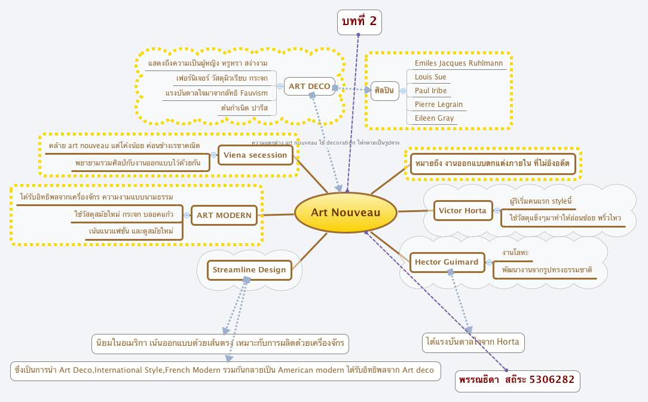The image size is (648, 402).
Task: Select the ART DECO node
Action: (x=309, y=87)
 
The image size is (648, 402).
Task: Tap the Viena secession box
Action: (x=256, y=156)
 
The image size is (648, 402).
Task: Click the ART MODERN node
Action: (x=224, y=216)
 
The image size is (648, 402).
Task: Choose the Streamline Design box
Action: (x=249, y=270)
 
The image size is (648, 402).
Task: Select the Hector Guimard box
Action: (x=447, y=262)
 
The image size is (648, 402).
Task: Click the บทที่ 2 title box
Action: (x=358, y=22)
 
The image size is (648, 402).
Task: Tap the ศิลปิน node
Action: (x=384, y=91)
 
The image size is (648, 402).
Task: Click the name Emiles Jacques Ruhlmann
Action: (x=459, y=63)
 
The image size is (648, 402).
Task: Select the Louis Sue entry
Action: (x=430, y=77)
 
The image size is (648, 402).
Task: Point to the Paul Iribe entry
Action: (x=430, y=91)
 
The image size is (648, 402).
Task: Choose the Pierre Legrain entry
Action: (x=438, y=105)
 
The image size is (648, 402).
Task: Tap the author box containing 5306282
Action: (x=517, y=379)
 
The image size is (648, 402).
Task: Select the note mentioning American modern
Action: (x=225, y=370)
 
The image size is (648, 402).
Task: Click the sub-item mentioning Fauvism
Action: (x=216, y=93)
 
